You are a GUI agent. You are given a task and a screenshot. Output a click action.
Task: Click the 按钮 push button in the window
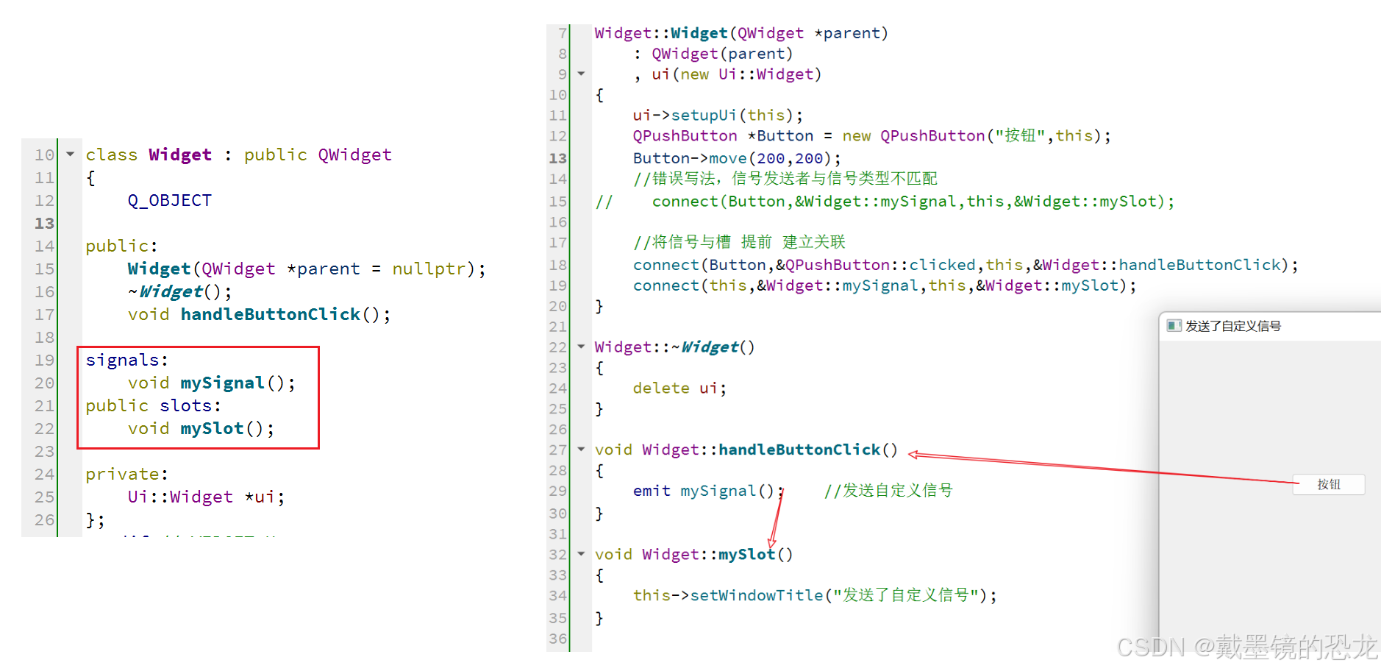pyautogui.click(x=1328, y=484)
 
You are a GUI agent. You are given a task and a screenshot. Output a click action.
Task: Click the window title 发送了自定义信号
pyautogui.click(x=1232, y=326)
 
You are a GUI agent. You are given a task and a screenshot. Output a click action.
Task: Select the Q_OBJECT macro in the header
pyautogui.click(x=169, y=201)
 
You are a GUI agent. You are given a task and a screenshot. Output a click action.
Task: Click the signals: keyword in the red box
pyautogui.click(x=126, y=360)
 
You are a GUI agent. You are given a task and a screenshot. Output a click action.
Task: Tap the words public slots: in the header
pyautogui.click(x=153, y=405)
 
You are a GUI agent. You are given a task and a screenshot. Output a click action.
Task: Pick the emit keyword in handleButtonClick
pyautogui.click(x=652, y=491)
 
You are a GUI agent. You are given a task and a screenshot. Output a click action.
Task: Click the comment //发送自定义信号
pyautogui.click(x=888, y=491)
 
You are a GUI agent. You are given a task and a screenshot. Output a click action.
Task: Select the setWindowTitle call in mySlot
pyautogui.click(x=756, y=595)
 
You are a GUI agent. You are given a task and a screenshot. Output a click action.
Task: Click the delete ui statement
pyautogui.click(x=679, y=388)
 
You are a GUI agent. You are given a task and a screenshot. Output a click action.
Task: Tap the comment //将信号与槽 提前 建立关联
pyautogui.click(x=739, y=242)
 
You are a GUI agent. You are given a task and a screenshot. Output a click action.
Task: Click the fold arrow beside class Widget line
pyautogui.click(x=71, y=155)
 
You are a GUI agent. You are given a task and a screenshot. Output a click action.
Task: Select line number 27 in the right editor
pyautogui.click(x=558, y=450)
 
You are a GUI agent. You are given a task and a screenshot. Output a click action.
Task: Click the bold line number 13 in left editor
pyautogui.click(x=44, y=224)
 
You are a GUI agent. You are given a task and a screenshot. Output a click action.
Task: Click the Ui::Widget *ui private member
pyautogui.click(x=205, y=497)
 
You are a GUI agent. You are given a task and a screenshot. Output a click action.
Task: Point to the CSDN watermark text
pyautogui.click(x=1246, y=647)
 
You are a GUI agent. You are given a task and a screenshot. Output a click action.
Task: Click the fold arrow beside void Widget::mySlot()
pyautogui.click(x=581, y=554)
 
